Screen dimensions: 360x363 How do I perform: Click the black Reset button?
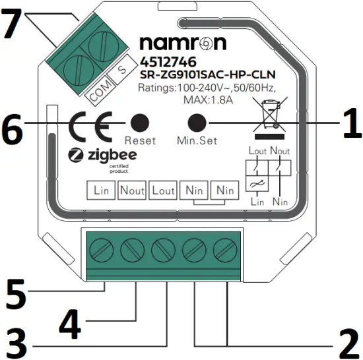point(139,123)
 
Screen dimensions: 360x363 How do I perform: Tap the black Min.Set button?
point(197,123)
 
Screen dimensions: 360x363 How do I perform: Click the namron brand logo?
point(183,44)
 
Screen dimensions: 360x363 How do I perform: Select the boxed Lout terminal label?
point(163,191)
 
